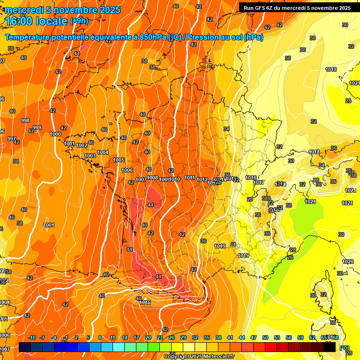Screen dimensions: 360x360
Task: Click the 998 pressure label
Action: (x=25, y=120)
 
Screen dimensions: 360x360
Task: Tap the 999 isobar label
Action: (x=37, y=127)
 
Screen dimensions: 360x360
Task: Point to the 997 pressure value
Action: (x=12, y=139)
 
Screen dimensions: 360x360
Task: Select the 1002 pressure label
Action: (x=82, y=145)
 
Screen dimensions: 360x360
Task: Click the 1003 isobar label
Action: (x=90, y=156)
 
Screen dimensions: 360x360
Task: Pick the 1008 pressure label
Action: (x=153, y=178)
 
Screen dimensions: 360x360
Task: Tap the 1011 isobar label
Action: (x=190, y=178)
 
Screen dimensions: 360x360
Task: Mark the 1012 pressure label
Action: (x=202, y=180)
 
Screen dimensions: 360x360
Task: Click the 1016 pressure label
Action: (x=251, y=178)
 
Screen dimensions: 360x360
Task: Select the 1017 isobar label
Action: (x=259, y=182)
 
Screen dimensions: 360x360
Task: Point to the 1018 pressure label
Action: (x=315, y=152)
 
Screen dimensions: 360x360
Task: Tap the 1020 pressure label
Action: (x=348, y=262)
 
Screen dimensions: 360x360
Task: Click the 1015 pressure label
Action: (x=145, y=302)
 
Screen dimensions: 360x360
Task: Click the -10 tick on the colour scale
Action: (x=32, y=337)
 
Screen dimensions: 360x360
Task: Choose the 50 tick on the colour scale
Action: (x=265, y=337)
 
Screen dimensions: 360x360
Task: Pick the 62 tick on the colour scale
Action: (x=312, y=337)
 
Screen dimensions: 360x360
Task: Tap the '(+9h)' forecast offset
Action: (x=79, y=21)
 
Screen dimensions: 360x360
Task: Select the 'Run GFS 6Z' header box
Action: (x=297, y=8)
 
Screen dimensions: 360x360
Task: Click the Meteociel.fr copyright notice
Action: (x=199, y=356)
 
